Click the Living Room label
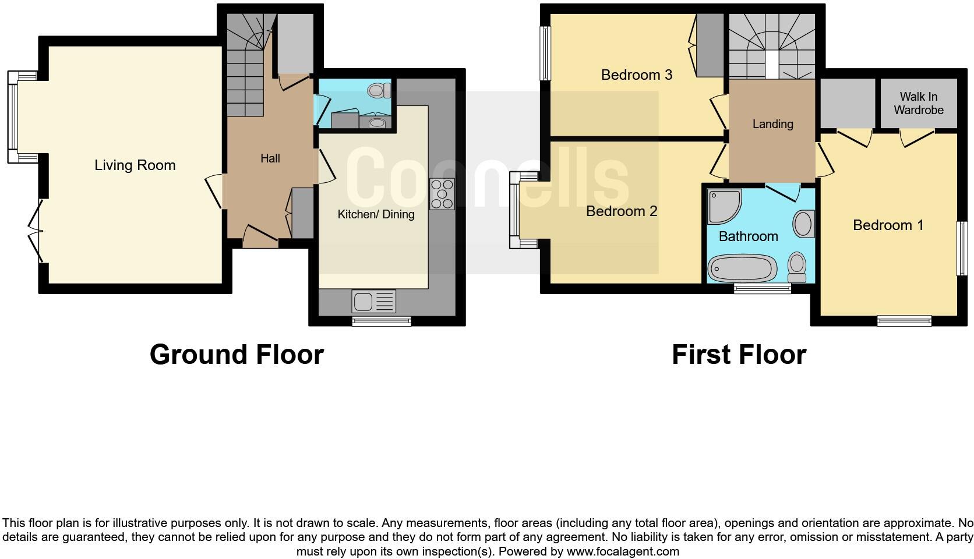click(x=135, y=165)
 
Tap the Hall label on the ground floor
click(x=270, y=158)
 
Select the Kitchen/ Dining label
click(x=376, y=214)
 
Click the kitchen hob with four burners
click(x=442, y=194)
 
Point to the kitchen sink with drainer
click(x=373, y=301)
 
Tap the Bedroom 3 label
click(x=637, y=75)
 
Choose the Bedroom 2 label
click(x=622, y=211)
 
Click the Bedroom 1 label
click(x=888, y=225)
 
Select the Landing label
click(x=772, y=124)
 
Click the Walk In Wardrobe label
click(x=919, y=103)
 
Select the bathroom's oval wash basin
click(x=803, y=224)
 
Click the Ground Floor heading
click(x=237, y=355)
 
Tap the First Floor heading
click(x=739, y=355)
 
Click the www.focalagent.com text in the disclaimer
click(x=623, y=551)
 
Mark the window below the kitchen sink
click(x=382, y=320)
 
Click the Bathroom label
click(x=748, y=236)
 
